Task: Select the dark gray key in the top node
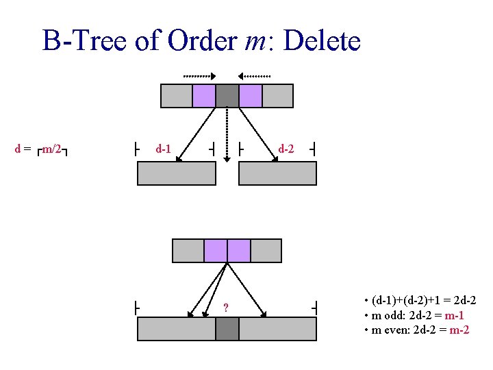[227, 96]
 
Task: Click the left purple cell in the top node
[204, 96]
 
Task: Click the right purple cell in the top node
[251, 96]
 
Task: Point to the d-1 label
[164, 148]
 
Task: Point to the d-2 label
[287, 148]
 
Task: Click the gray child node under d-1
[176, 173]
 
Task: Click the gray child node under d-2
[277, 173]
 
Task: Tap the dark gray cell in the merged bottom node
[227, 329]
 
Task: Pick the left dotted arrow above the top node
[199, 75]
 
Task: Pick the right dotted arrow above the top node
[255, 75]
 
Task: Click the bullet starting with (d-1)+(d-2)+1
[421, 301]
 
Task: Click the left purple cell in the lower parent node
[216, 251]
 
